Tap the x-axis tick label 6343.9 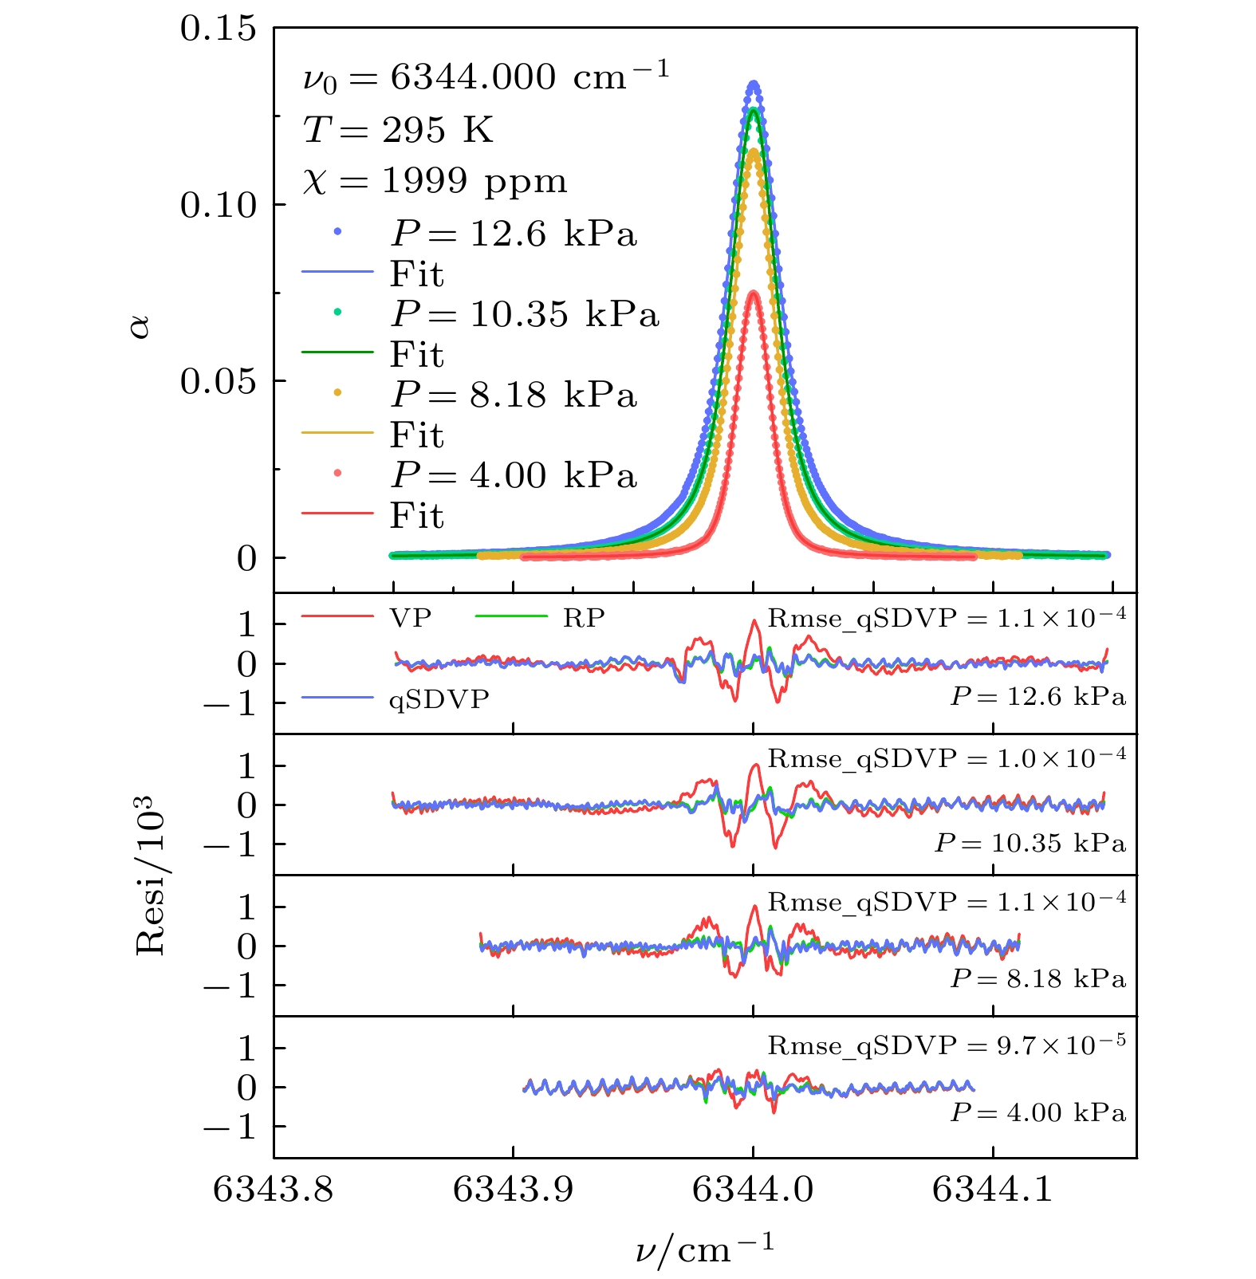pyautogui.click(x=513, y=1190)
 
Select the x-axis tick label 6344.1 pyautogui.click(x=992, y=1190)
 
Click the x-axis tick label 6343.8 pyautogui.click(x=273, y=1190)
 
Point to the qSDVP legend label pyautogui.click(x=439, y=699)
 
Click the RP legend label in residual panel pyautogui.click(x=584, y=618)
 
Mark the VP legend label pyautogui.click(x=411, y=618)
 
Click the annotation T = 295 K pyautogui.click(x=398, y=130)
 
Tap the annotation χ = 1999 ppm pyautogui.click(x=435, y=181)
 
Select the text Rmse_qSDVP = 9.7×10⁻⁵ pyautogui.click(x=947, y=1045)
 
